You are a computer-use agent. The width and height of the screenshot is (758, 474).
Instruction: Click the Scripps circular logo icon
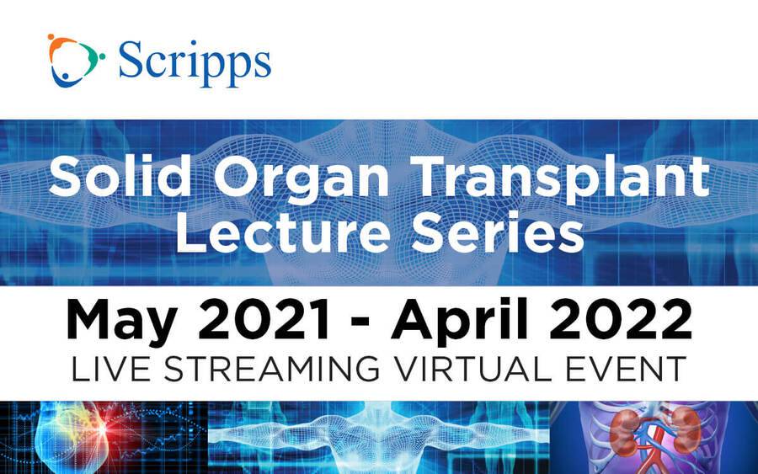[76, 61]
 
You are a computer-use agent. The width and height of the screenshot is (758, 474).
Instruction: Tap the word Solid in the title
[120, 176]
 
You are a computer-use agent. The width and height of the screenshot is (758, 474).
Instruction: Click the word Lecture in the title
[283, 232]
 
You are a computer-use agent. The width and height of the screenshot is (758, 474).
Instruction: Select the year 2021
[264, 319]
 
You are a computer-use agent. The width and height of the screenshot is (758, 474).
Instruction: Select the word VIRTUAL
[472, 370]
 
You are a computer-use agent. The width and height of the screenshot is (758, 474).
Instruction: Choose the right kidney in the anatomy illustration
[684, 426]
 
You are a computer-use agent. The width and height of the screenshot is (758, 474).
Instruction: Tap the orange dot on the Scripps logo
[51, 37]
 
